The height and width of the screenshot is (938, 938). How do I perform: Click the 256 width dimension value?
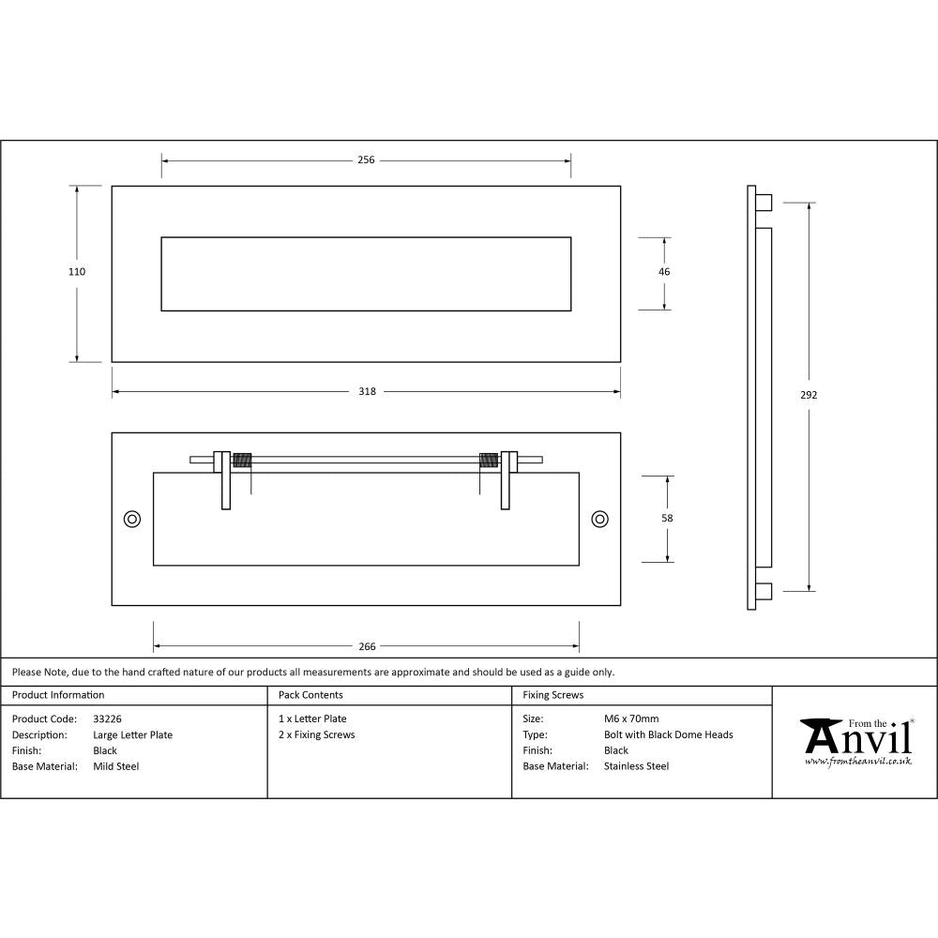click(x=366, y=160)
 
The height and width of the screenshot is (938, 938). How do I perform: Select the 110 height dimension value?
click(x=77, y=272)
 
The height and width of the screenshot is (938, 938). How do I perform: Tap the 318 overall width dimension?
click(x=366, y=392)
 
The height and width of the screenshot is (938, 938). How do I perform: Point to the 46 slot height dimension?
click(x=664, y=272)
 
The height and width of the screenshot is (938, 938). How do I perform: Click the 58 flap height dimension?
click(x=667, y=518)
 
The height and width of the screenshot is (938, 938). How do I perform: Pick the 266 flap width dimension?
click(x=367, y=646)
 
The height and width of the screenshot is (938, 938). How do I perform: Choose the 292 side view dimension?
click(x=809, y=395)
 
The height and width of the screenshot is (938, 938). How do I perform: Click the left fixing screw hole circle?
click(x=132, y=519)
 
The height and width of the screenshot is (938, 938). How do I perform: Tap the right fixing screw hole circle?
click(x=599, y=519)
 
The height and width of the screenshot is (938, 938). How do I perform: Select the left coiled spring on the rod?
click(x=243, y=460)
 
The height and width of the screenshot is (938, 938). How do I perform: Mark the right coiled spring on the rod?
click(x=488, y=460)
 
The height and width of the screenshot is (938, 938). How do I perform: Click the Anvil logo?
click(x=856, y=741)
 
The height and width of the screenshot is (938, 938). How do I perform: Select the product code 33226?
click(x=108, y=719)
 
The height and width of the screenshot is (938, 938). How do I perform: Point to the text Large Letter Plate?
click(x=133, y=735)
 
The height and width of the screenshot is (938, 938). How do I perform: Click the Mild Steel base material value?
click(x=116, y=766)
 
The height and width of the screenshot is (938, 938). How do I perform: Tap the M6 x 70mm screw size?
click(x=631, y=719)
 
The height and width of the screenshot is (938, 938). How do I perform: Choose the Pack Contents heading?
click(x=310, y=695)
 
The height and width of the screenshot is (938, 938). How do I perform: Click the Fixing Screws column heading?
click(x=552, y=695)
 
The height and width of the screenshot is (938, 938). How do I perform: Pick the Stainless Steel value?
click(x=636, y=766)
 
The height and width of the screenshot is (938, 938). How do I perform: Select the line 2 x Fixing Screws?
click(x=316, y=735)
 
